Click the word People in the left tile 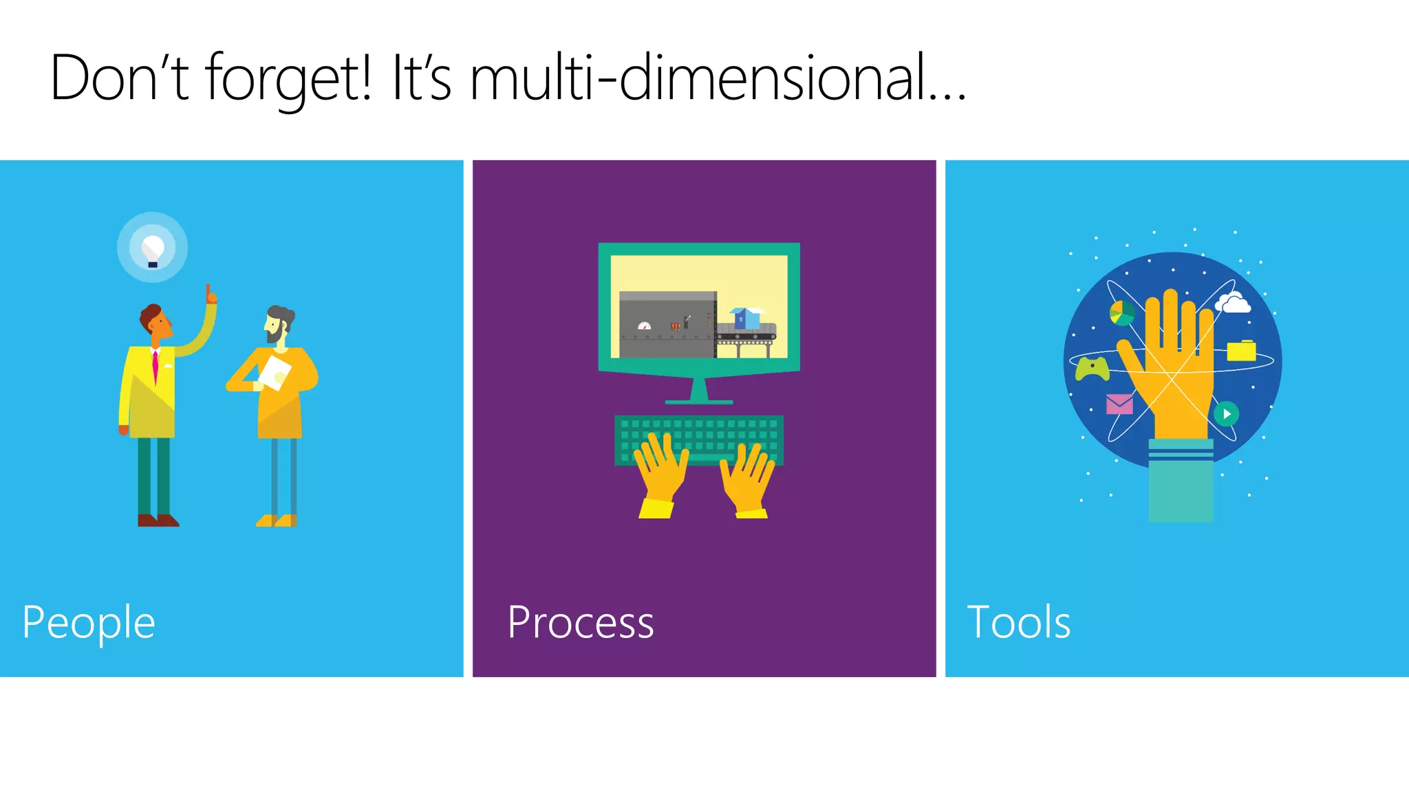click(x=89, y=623)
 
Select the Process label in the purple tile click(x=580, y=623)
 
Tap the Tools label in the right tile click(x=1018, y=623)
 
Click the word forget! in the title click(x=289, y=79)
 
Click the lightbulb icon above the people click(x=152, y=248)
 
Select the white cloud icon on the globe click(x=1233, y=302)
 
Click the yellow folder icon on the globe click(x=1241, y=351)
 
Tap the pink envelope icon click(x=1119, y=404)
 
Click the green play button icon click(x=1226, y=414)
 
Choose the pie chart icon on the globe click(x=1121, y=313)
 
